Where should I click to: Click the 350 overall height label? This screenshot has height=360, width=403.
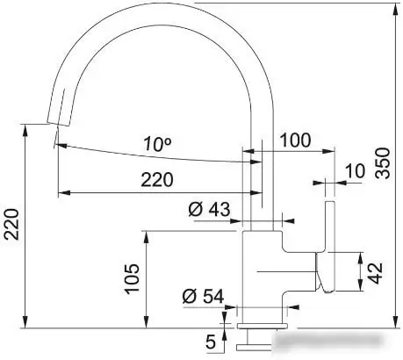click(x=383, y=162)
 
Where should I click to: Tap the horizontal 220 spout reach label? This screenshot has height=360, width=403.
click(x=156, y=180)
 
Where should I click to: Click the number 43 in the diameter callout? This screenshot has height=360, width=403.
click(x=219, y=210)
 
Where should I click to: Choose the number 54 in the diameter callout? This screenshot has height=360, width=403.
click(x=212, y=296)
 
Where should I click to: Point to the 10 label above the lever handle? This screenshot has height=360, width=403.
click(x=355, y=170)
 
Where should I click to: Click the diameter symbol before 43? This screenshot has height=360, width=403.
click(x=196, y=210)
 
